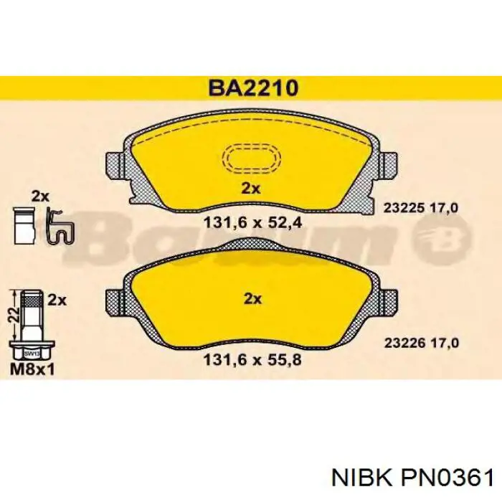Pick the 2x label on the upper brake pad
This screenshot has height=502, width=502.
[250, 189]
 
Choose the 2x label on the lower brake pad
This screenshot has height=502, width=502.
[250, 298]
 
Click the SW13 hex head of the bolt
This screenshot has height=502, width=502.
[31, 353]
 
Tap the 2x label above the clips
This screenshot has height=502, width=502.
[39, 196]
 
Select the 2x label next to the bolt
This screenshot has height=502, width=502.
[57, 300]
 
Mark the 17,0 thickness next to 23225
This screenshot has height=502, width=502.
[445, 208]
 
